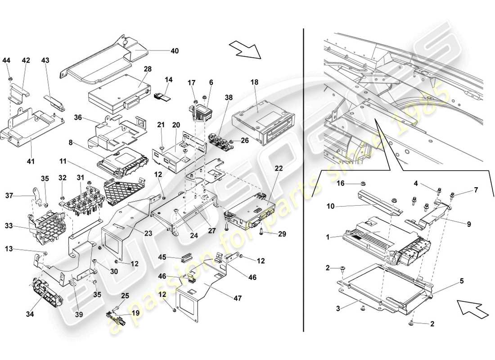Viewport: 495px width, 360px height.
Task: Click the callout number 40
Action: pos(174,51)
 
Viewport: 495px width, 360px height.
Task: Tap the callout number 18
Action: pos(254,82)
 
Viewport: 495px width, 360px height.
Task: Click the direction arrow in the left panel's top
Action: pos(245,49)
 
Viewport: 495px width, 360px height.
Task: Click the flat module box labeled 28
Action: pos(119,95)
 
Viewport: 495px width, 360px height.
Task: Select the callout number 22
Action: pos(279,168)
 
